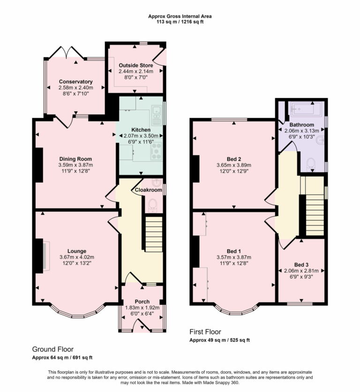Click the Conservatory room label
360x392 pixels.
pyautogui.click(x=75, y=81)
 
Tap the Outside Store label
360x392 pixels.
pyautogui.click(x=135, y=66)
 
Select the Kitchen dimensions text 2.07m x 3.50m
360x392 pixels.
pyautogui.click(x=141, y=135)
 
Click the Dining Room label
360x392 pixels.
pyautogui.click(x=75, y=159)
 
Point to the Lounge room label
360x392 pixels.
pyautogui.click(x=76, y=251)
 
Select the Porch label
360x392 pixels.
pyautogui.click(x=142, y=302)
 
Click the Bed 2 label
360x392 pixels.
pyautogui.click(x=233, y=159)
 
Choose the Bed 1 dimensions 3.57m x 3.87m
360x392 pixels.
pyautogui.click(x=233, y=257)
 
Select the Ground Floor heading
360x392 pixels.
pyautogui.click(x=52, y=349)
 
